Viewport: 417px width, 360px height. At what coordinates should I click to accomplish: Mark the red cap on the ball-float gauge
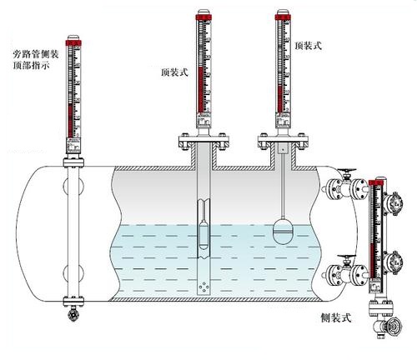coord(284,15)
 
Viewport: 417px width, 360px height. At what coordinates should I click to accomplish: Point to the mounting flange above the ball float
coord(284,143)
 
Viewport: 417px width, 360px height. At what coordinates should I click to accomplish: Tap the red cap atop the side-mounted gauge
coord(380,177)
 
